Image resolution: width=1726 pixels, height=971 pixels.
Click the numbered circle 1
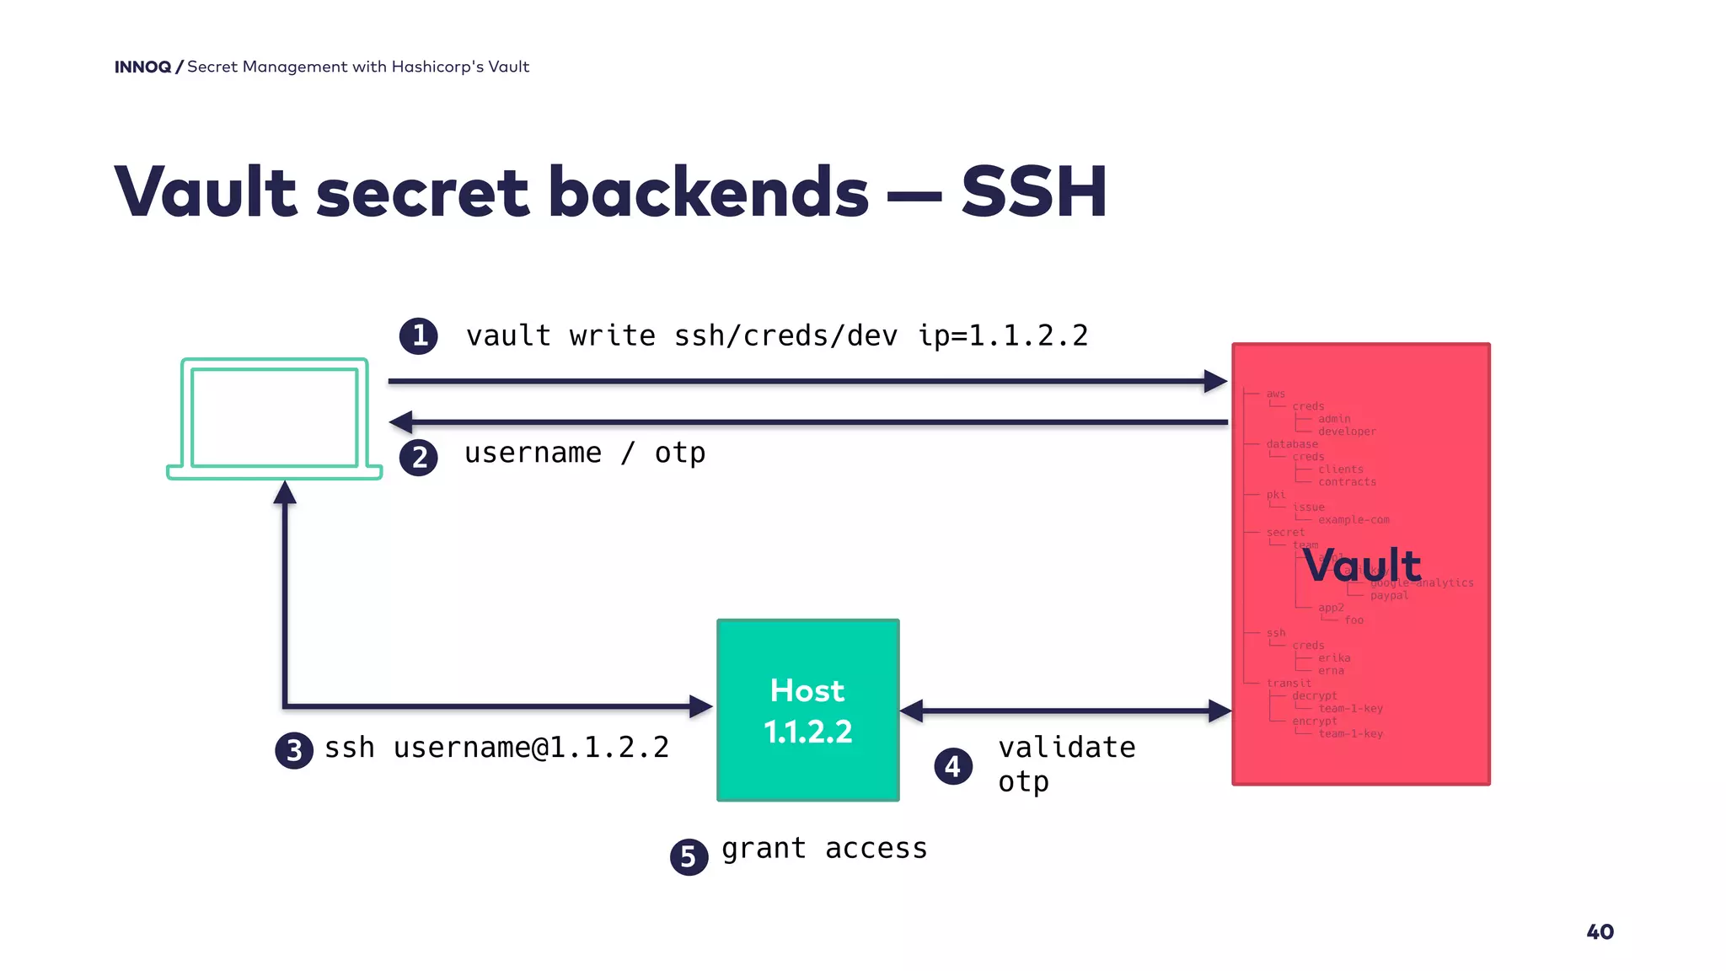tap(418, 335)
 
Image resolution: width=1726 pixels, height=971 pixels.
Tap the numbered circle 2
tap(418, 458)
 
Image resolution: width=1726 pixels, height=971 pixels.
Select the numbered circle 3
tap(294, 750)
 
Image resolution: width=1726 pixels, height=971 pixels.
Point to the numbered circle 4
tap(953, 766)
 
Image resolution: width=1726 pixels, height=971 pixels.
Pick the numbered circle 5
tap(689, 856)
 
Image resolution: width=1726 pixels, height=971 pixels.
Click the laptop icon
tap(275, 419)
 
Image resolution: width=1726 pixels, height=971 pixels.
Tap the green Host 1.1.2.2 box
tap(807, 710)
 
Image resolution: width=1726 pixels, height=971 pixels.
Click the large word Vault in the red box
tap(1361, 565)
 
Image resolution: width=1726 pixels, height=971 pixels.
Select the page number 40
tap(1600, 931)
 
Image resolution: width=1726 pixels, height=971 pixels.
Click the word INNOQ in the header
tap(142, 67)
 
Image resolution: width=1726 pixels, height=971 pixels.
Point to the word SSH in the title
tap(1033, 192)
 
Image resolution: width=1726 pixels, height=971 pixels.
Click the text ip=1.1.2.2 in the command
tap(1003, 335)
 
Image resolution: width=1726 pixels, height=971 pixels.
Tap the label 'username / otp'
tap(585, 453)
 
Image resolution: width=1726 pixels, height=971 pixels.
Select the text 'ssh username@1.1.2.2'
tap(496, 748)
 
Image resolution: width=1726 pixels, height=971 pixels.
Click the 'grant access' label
tap(824, 848)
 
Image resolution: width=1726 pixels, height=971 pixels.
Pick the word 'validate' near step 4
tap(1066, 748)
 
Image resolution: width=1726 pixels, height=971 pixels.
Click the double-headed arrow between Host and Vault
tap(1065, 711)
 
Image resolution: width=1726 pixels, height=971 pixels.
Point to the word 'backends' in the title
tap(708, 192)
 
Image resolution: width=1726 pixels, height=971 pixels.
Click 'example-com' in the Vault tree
tap(1353, 520)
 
